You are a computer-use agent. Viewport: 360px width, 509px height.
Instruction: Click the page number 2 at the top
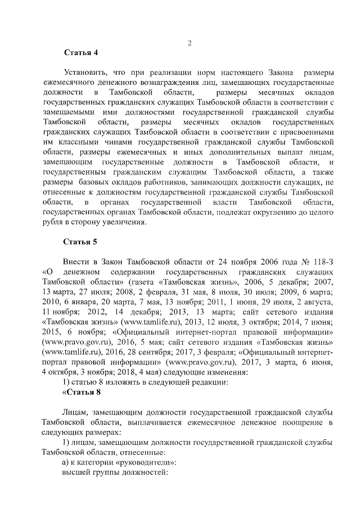pos(190,43)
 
